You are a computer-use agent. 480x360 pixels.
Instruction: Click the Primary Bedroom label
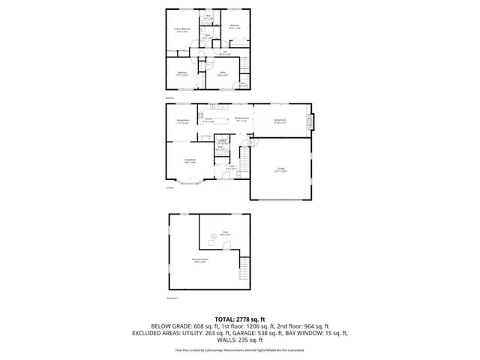click(x=182, y=31)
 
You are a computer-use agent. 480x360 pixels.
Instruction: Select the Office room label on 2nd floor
click(x=223, y=73)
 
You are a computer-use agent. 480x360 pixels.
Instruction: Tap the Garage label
click(x=280, y=169)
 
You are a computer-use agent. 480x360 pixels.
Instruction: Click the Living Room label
click(x=191, y=160)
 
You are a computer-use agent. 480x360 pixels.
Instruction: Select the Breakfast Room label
click(x=241, y=118)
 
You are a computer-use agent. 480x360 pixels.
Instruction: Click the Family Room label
click(x=280, y=121)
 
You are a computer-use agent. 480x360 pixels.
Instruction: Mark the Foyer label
click(x=232, y=167)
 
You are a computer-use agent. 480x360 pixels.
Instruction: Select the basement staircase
click(x=243, y=265)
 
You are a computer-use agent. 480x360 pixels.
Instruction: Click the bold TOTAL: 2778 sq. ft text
click(x=240, y=319)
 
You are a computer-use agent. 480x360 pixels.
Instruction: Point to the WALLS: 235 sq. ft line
click(x=240, y=340)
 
